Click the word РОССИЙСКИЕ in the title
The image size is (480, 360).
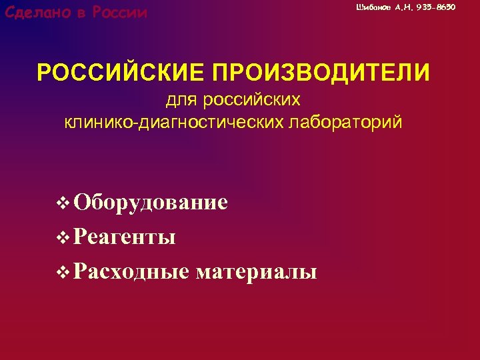109,72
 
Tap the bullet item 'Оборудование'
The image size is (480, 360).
151,202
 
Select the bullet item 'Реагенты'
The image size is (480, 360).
125,237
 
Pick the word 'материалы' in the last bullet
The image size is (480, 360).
257,272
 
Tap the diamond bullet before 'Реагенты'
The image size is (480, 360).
64,237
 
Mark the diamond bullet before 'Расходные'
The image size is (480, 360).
64,273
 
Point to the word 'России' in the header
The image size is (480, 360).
120,12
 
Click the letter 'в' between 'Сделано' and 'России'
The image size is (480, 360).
80,13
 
